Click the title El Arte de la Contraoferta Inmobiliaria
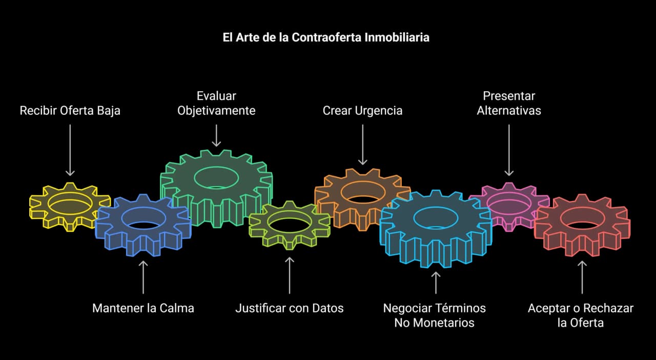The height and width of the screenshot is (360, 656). [x=326, y=37]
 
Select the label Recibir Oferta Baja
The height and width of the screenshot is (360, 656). [x=70, y=110]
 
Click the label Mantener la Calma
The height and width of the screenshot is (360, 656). [x=143, y=308]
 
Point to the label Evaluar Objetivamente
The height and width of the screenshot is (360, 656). [x=216, y=103]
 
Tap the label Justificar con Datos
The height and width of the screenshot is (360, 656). [x=289, y=308]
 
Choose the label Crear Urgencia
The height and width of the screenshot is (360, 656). [x=362, y=110]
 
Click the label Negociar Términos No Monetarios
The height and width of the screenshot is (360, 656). [x=435, y=315]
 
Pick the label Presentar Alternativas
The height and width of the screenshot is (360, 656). [x=509, y=103]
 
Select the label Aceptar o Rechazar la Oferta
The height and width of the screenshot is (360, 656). [x=581, y=315]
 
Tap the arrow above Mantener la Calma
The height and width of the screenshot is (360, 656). [x=143, y=277]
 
